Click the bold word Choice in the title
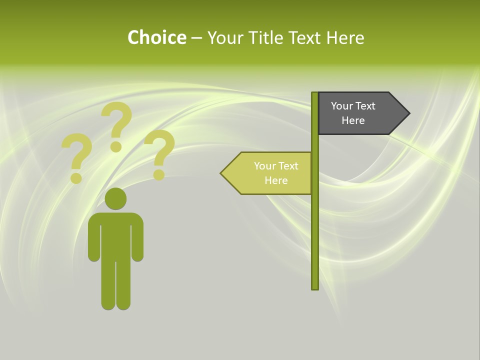156,37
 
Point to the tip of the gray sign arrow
408,113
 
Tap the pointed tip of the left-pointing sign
222,173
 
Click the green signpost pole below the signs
315,240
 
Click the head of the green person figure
116,198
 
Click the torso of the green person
116,235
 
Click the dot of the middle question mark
116,146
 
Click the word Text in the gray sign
365,106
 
